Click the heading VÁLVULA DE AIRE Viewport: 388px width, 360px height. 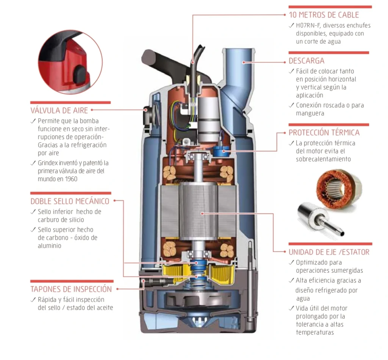[59, 110]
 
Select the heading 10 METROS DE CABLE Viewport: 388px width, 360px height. [324, 15]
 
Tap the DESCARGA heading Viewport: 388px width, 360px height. [306, 61]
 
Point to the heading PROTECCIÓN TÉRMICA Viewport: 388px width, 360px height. [324, 132]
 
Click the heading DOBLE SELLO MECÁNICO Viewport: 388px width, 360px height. [70, 201]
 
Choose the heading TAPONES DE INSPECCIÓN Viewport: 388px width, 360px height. [71, 289]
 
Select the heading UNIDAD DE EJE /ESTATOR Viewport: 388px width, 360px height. [329, 252]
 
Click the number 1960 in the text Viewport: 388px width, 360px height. [71, 179]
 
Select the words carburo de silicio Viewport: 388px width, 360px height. [61, 220]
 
